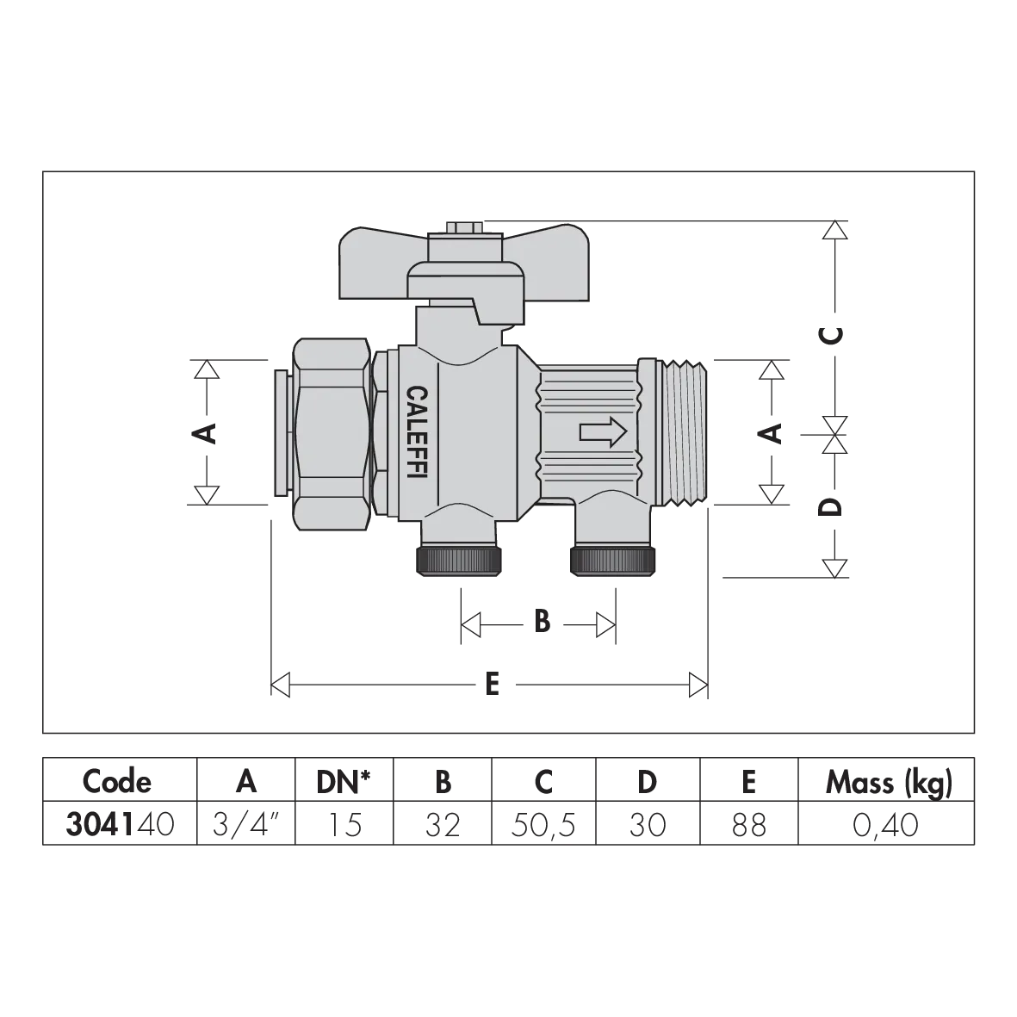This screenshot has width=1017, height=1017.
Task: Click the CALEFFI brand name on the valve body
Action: (x=418, y=434)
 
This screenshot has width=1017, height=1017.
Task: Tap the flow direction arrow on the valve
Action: (x=603, y=432)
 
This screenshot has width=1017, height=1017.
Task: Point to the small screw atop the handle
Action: (x=465, y=228)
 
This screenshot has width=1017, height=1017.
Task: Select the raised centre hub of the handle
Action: (x=465, y=280)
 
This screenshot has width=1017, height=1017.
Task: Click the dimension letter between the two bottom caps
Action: (x=539, y=622)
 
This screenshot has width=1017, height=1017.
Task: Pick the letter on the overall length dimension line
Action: (x=491, y=685)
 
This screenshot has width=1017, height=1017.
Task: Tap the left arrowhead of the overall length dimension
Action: (x=280, y=685)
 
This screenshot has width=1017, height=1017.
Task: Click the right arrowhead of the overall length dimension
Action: (x=698, y=685)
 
